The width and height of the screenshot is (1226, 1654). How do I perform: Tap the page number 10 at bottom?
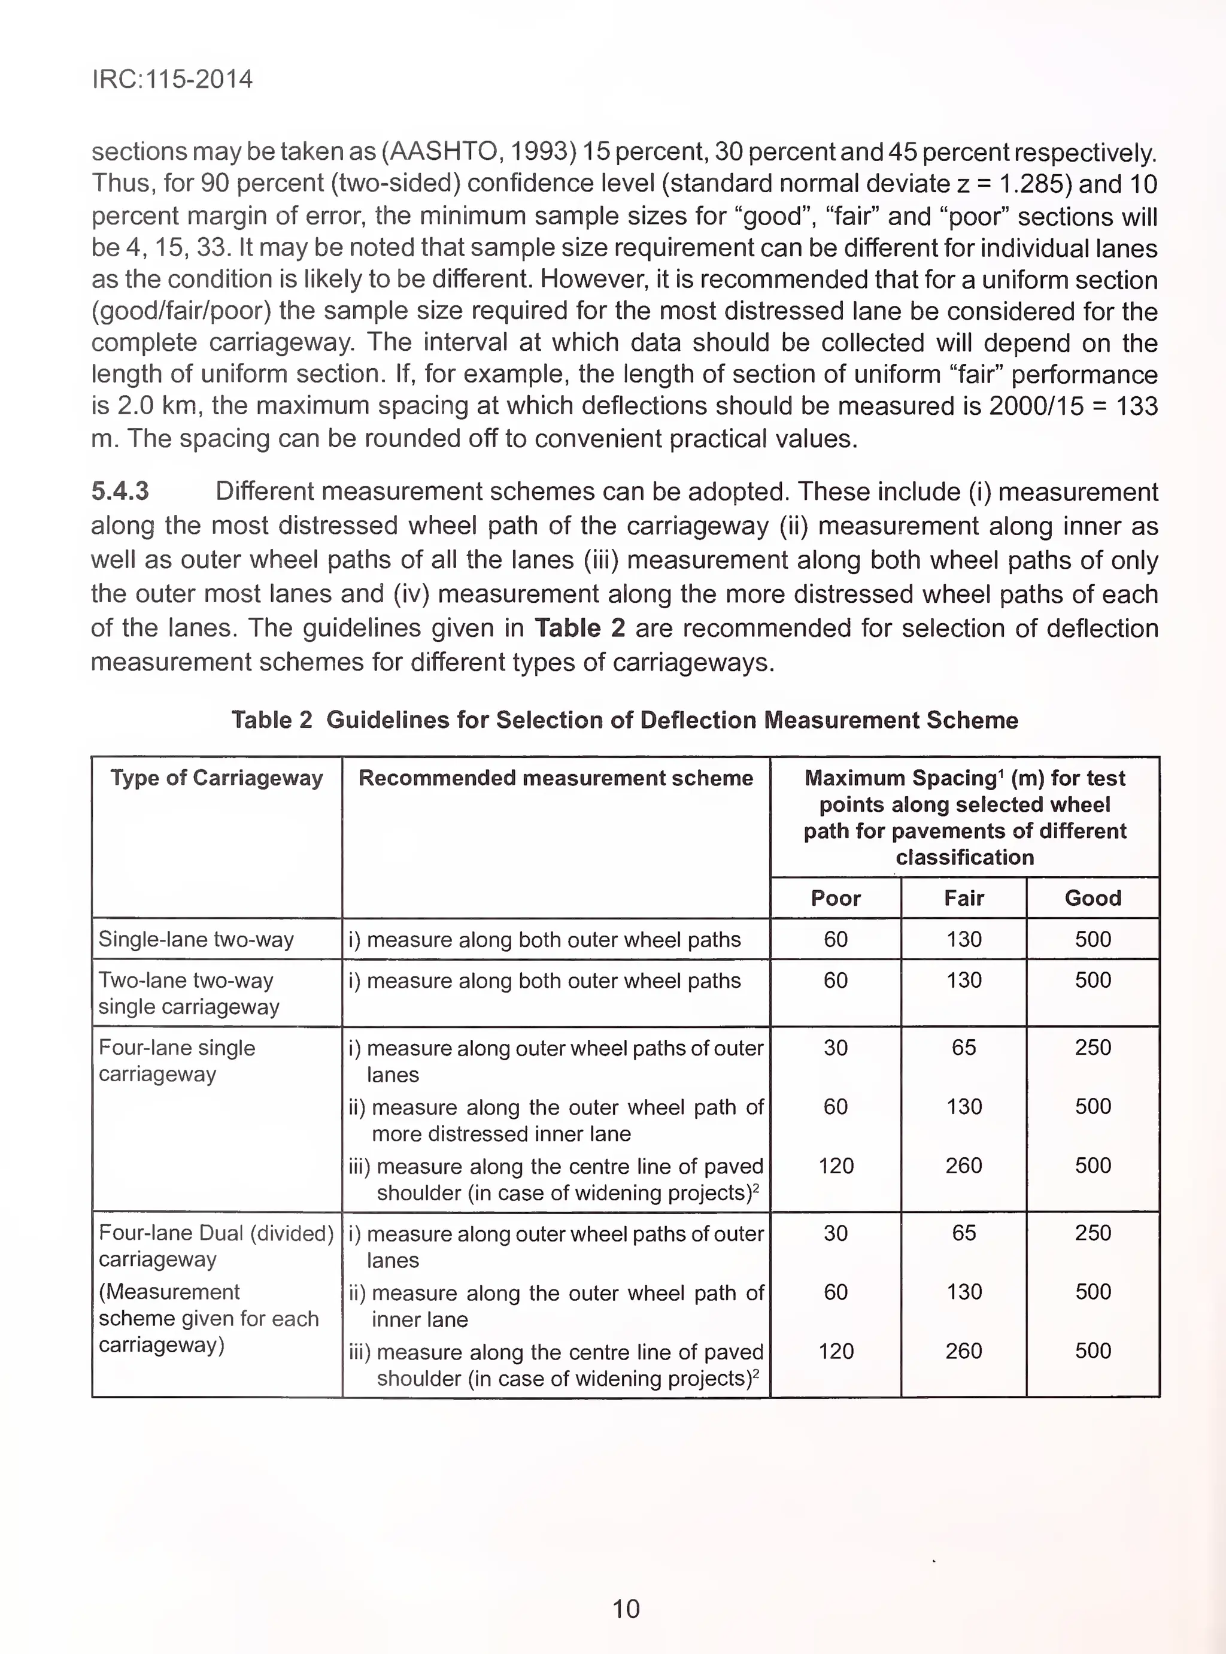tap(626, 1609)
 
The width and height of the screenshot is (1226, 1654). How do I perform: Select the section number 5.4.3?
tap(120, 491)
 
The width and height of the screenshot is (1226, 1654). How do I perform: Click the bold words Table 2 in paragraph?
tap(579, 628)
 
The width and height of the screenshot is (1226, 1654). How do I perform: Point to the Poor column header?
tap(835, 898)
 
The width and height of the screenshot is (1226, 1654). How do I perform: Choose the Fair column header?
tap(963, 898)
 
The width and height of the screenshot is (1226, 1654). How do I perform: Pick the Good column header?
tap(1093, 898)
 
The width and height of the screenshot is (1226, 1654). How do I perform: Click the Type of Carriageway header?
tap(217, 778)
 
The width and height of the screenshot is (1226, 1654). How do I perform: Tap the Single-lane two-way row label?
tap(196, 939)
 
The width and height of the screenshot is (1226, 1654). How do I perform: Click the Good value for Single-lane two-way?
tap(1093, 939)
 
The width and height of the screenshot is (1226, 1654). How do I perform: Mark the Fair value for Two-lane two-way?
tap(963, 980)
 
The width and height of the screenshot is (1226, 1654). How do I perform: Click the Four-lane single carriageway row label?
tap(177, 1060)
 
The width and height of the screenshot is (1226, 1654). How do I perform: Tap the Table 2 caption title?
tap(624, 720)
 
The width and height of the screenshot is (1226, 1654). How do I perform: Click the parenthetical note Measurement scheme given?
tap(208, 1318)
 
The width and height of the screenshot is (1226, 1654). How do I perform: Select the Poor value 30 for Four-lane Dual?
tap(835, 1233)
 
